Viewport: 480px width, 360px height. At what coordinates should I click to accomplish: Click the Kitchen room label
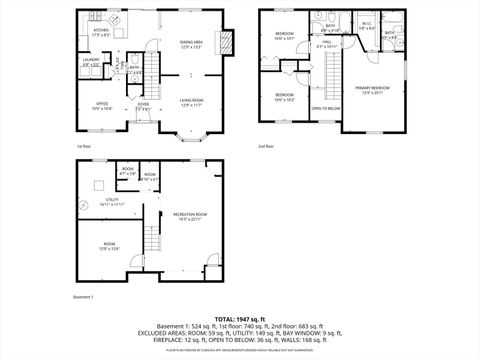101,32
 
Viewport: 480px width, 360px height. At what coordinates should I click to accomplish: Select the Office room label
102,103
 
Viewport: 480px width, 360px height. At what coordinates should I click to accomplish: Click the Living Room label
192,102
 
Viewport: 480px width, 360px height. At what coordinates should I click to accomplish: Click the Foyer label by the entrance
143,106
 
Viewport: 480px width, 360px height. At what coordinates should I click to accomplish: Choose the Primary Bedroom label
375,90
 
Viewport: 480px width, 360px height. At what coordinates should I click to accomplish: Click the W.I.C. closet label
365,27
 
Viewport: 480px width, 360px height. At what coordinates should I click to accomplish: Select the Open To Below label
325,108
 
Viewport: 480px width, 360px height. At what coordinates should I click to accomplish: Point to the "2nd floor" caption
266,146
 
